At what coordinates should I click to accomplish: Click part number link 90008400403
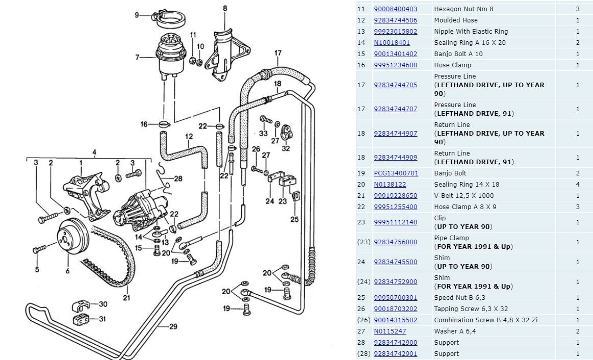click(x=395, y=9)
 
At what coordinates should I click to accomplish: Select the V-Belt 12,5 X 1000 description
click(x=463, y=196)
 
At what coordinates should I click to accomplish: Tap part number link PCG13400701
click(x=396, y=173)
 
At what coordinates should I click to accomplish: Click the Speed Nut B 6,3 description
click(x=458, y=298)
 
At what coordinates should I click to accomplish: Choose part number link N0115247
click(x=390, y=331)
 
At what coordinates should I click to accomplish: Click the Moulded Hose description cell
click(x=455, y=20)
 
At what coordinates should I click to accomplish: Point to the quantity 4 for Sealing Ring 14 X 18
click(x=578, y=185)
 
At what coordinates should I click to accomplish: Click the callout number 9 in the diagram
click(x=137, y=15)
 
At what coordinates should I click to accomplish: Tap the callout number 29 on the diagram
click(x=173, y=326)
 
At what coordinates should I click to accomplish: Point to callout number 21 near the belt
click(x=126, y=298)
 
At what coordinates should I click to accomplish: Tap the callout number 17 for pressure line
click(x=278, y=53)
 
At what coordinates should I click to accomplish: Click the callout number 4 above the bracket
click(x=94, y=152)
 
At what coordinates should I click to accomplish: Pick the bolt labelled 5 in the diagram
click(x=40, y=250)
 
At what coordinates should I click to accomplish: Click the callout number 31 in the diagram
click(x=102, y=319)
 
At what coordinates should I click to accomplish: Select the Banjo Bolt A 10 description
click(x=458, y=54)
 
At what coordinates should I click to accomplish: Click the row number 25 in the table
click(x=361, y=298)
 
